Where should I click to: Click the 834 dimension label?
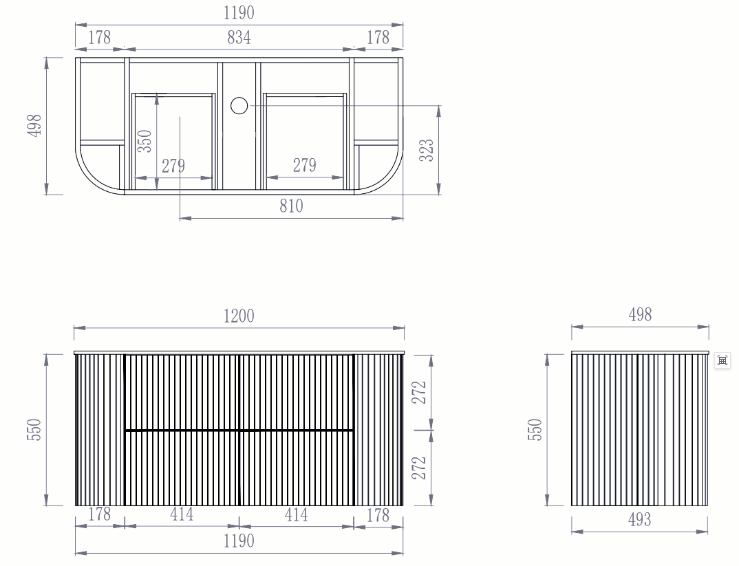tap(239, 37)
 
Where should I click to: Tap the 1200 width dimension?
tap(239, 316)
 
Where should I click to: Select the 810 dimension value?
tap(291, 206)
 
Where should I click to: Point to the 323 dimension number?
tap(427, 150)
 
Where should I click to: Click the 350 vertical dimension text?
tap(144, 141)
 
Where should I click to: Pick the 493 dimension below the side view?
tap(639, 519)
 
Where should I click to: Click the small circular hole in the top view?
tap(239, 106)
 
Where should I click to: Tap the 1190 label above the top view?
tap(239, 12)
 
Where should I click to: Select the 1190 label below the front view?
tap(239, 541)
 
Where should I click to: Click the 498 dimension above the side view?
tap(640, 314)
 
